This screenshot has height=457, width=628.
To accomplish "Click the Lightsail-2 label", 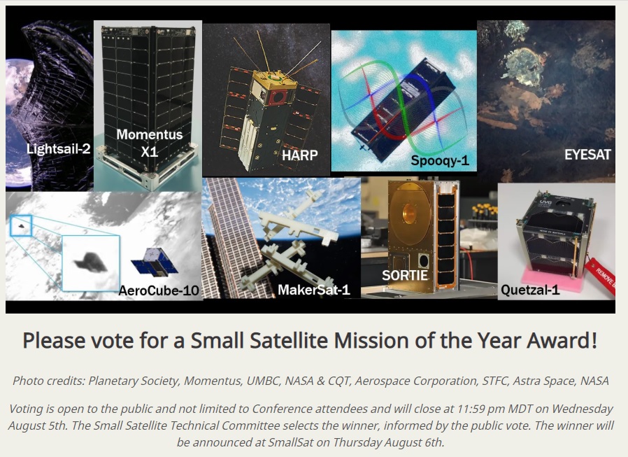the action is point(59,149).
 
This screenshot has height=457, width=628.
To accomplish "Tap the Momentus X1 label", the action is point(150,143).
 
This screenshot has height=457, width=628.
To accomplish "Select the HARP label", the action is point(299,155).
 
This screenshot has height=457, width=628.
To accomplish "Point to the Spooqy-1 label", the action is point(439,161).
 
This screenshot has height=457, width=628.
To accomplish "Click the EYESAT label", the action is point(587,155).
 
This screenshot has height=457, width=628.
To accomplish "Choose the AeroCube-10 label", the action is point(159,290).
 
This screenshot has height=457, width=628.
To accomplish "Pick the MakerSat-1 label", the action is point(313,290).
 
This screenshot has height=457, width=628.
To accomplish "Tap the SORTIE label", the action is point(404,276).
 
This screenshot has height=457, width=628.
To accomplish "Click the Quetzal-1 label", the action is point(530,290).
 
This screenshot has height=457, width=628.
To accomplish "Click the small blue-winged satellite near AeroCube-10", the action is point(155,262).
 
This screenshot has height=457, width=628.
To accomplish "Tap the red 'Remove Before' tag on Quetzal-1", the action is point(601,277).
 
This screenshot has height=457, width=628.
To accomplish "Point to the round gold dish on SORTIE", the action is point(409,214).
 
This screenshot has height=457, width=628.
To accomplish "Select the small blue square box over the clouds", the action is point(20,225).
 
